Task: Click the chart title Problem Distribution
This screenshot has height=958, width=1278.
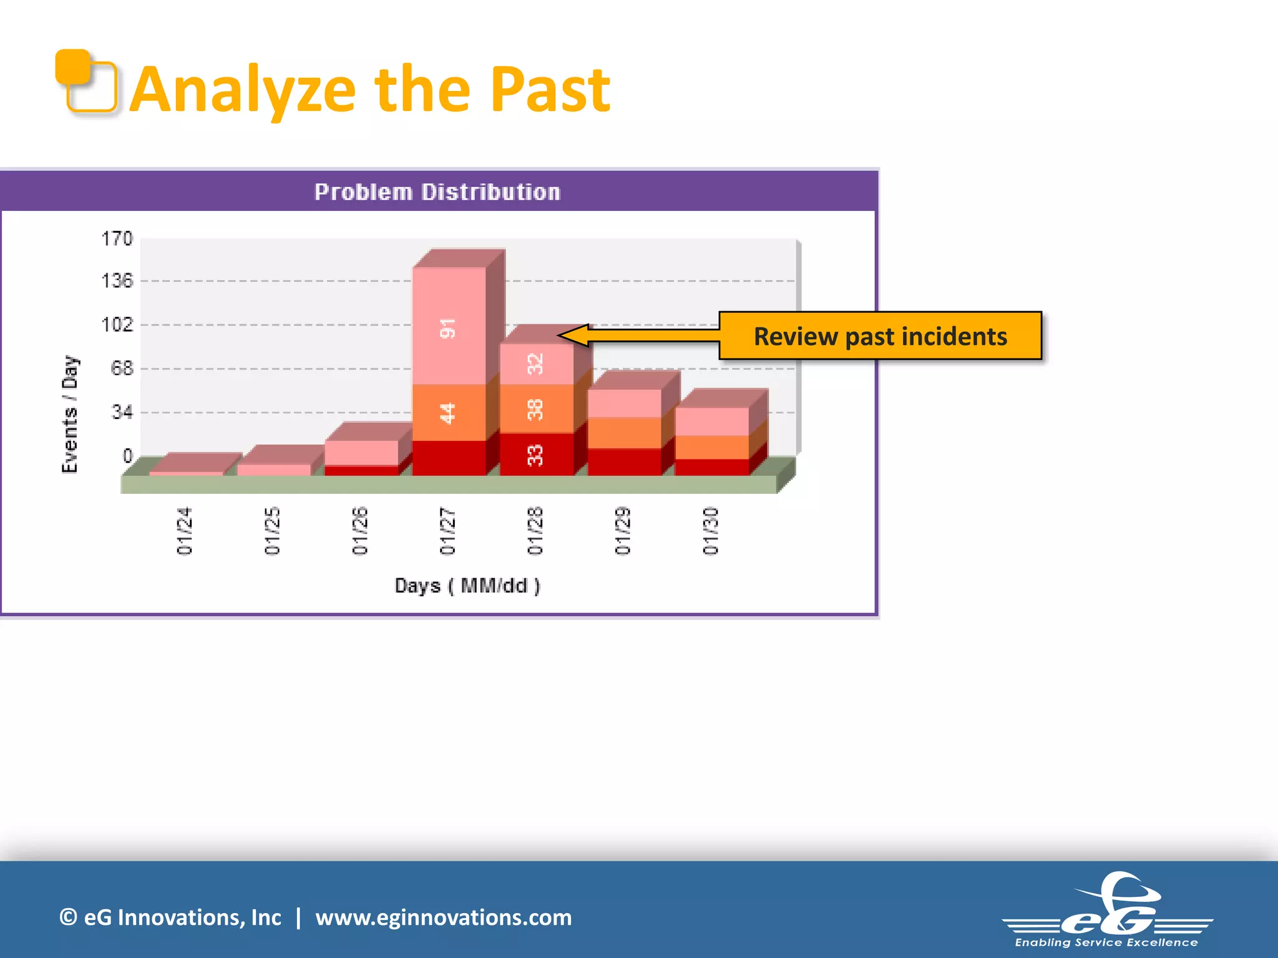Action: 437,192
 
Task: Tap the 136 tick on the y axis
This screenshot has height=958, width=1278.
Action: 117,281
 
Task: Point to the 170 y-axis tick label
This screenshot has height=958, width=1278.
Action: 117,238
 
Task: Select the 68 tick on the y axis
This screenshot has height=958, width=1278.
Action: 122,369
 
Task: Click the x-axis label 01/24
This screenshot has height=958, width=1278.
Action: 185,531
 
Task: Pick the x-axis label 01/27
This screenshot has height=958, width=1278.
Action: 447,531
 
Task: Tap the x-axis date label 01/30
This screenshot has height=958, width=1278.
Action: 711,531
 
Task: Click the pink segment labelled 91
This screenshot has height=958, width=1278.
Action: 449,327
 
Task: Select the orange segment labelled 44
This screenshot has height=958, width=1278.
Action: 449,412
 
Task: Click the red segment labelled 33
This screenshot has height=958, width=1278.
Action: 535,455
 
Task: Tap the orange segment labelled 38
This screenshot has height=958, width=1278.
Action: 535,409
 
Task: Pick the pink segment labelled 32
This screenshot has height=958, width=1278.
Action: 535,364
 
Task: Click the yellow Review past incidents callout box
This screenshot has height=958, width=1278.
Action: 880,336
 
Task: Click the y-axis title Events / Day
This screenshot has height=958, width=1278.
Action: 70,414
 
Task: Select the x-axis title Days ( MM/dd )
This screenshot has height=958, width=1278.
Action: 467,586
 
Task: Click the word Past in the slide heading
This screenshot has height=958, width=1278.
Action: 549,90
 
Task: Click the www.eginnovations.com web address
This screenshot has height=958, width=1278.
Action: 443,917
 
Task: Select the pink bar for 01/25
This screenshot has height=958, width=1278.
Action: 274,470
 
